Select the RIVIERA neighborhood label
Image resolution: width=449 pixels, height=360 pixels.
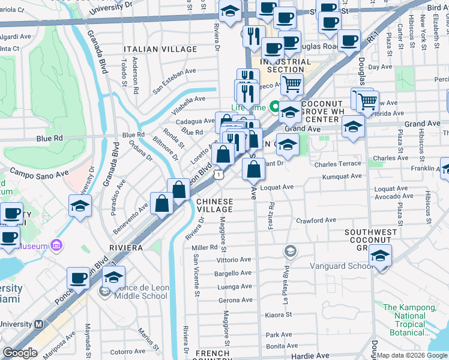click(x=125, y=247)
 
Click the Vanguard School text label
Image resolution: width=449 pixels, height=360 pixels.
click(x=334, y=266)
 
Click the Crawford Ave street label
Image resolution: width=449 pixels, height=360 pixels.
click(x=316, y=220)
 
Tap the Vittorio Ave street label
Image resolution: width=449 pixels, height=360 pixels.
click(x=234, y=260)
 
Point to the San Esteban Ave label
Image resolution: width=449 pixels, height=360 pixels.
click(x=174, y=80)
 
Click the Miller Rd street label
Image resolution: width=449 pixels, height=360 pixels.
click(x=204, y=247)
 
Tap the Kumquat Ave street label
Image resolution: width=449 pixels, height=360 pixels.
click(x=342, y=176)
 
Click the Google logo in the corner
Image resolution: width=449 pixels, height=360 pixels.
click(x=20, y=353)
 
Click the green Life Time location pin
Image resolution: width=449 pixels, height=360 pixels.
click(x=275, y=107)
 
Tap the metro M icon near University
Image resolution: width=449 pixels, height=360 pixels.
click(x=39, y=324)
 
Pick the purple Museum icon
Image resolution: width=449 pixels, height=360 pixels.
click(x=56, y=245)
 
